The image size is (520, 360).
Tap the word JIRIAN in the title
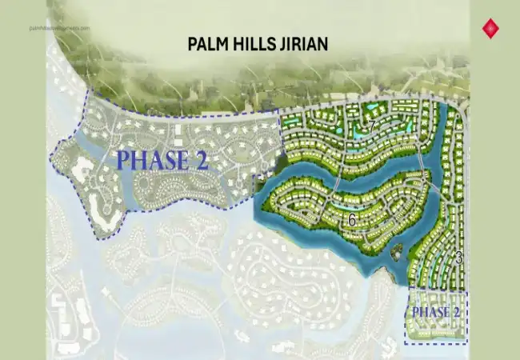pos(302,43)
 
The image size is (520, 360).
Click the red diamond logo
pos(488,30)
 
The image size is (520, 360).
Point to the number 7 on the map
pos(372,126)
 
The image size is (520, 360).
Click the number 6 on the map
pos(350,218)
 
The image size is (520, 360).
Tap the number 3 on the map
pos(458,258)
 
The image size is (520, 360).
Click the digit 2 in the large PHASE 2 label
pos(199,159)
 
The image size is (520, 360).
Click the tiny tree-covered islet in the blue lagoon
pos(397,253)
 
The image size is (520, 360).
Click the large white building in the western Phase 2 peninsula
pos(82,170)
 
